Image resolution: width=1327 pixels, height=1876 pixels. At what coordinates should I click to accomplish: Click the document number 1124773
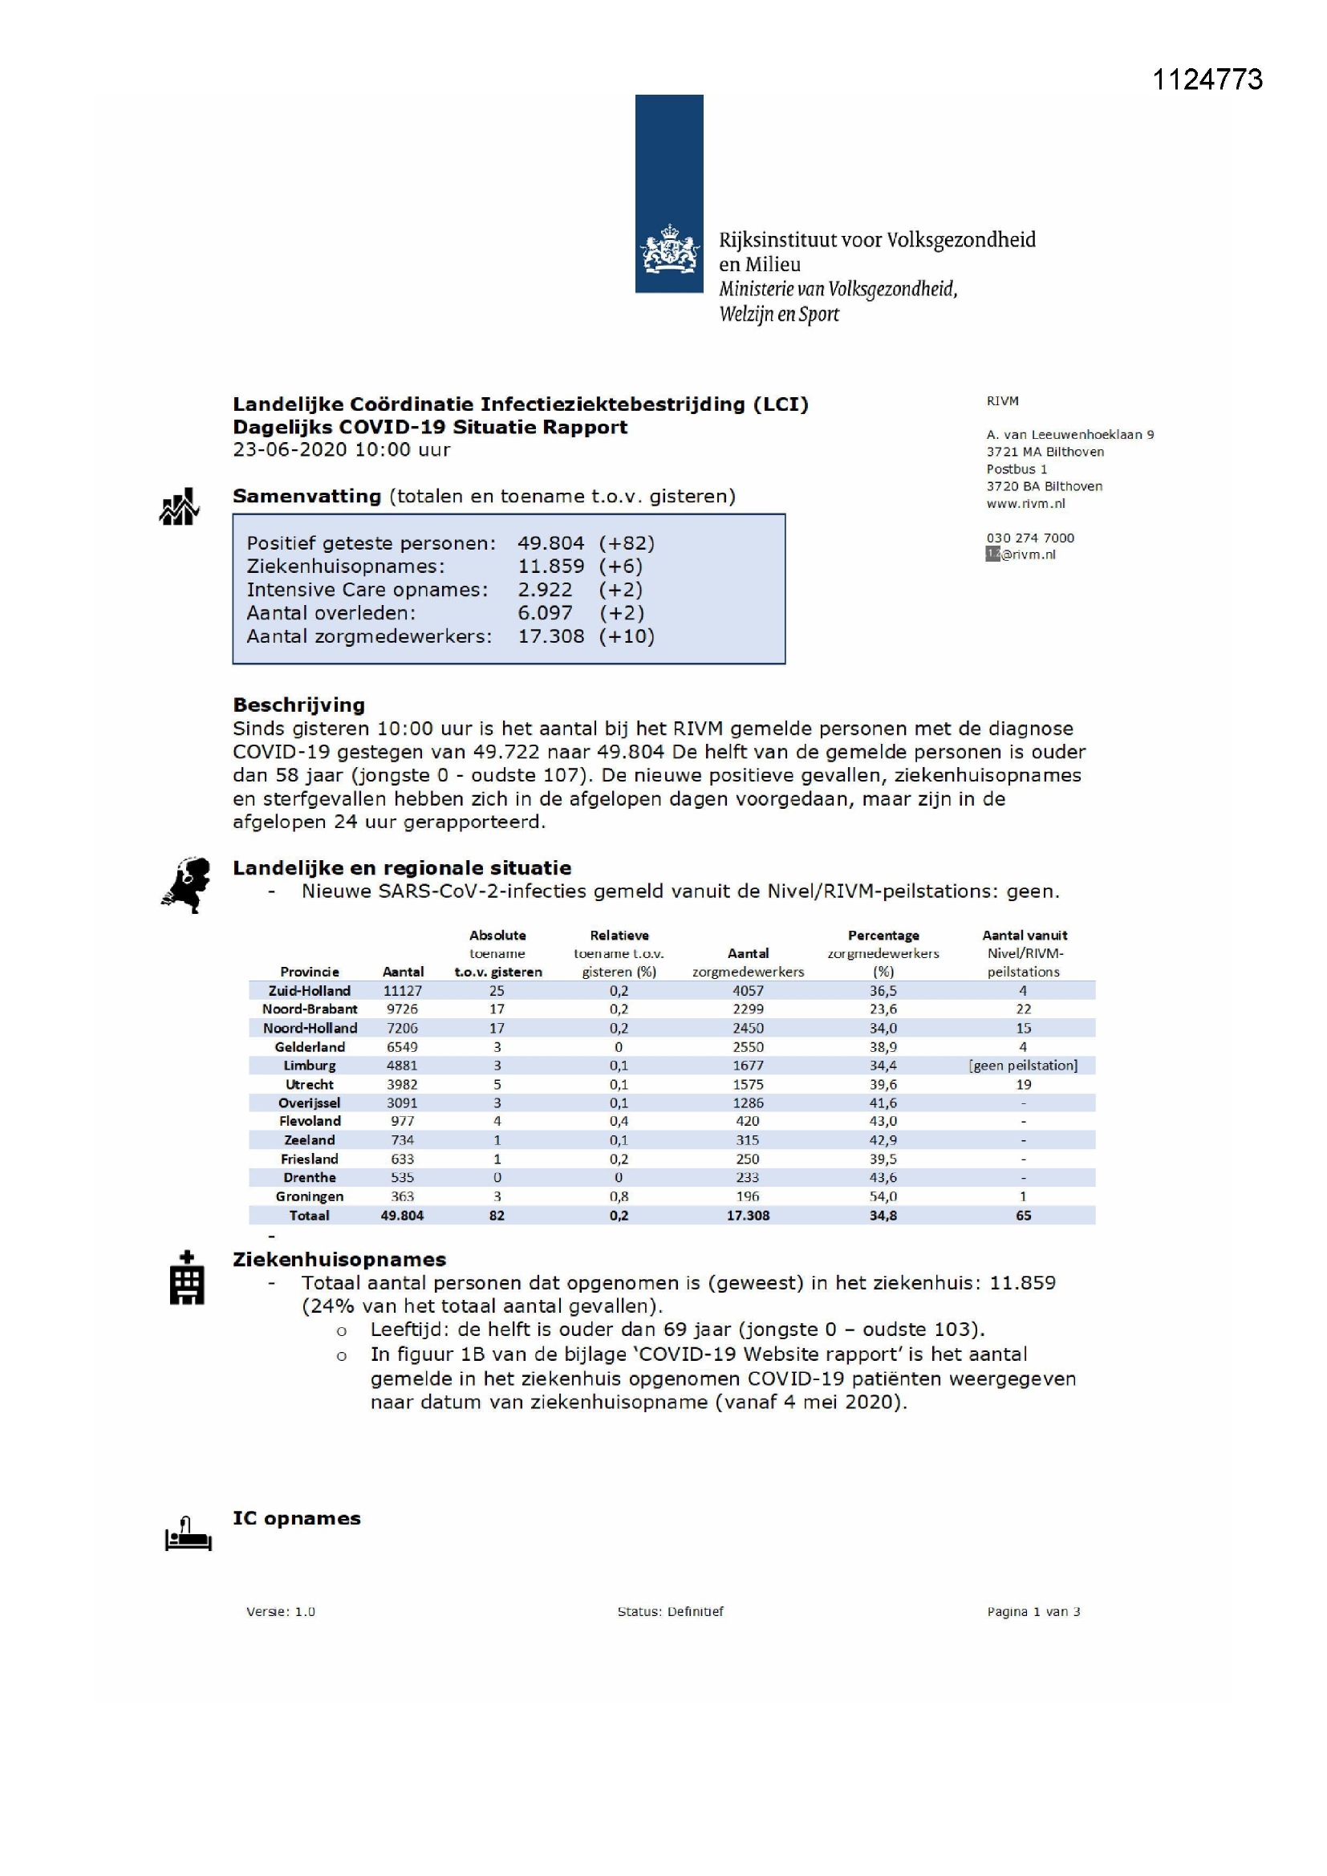[x=1207, y=79]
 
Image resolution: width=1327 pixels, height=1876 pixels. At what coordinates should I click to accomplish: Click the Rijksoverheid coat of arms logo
[x=669, y=250]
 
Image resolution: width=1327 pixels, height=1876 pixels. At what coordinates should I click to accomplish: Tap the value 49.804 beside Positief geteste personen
[x=550, y=543]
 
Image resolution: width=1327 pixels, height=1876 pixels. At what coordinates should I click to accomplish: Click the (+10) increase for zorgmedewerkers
[x=627, y=636]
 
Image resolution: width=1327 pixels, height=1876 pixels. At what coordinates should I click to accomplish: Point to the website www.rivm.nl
[x=1025, y=503]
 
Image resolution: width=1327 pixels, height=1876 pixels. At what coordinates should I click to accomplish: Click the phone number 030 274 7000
[x=1029, y=538]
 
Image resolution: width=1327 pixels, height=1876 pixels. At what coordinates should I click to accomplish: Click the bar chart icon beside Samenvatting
[x=179, y=507]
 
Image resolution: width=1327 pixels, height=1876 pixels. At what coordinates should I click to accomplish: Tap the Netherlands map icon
[x=187, y=885]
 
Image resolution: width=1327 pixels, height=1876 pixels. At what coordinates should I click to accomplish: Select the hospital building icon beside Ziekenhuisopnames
[x=186, y=1280]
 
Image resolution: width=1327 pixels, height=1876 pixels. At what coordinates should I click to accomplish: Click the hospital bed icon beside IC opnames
[x=188, y=1533]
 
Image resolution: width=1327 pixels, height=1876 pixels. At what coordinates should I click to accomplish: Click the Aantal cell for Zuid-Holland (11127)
[x=402, y=990]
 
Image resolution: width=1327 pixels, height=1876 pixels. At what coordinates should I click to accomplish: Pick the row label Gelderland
[x=310, y=1046]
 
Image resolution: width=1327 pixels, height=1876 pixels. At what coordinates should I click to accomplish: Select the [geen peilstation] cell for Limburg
[x=1023, y=1066]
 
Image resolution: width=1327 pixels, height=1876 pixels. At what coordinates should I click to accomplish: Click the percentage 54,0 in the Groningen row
[x=883, y=1196]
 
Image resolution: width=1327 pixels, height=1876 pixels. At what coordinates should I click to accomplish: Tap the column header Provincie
[x=309, y=972]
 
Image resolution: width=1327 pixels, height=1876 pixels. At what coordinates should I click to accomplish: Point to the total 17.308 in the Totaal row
[x=748, y=1215]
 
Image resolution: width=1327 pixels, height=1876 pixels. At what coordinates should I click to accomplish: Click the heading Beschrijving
[x=298, y=705]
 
